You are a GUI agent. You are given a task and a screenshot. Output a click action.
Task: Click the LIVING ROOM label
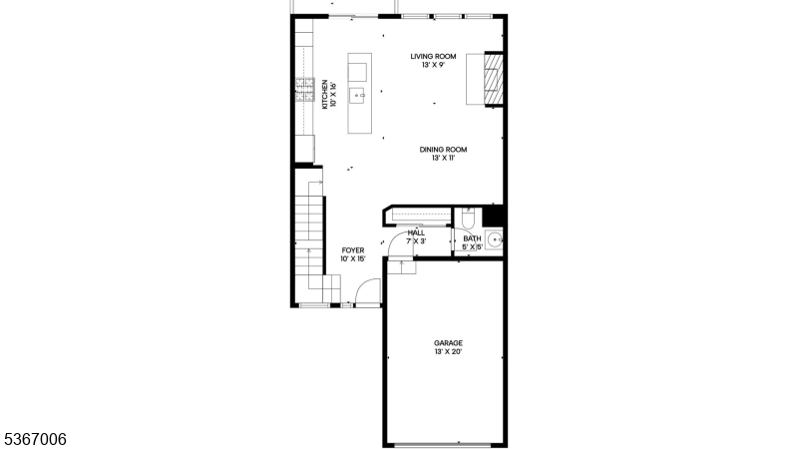click(433, 57)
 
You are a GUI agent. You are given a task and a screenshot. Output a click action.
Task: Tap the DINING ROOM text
click(443, 150)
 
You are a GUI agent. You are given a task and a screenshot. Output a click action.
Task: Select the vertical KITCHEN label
click(324, 95)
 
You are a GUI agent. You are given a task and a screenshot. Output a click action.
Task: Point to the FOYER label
click(353, 250)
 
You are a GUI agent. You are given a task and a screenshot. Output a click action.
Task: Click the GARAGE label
click(448, 343)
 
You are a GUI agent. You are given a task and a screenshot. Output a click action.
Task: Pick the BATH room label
click(472, 238)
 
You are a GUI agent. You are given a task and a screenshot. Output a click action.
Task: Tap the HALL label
click(416, 232)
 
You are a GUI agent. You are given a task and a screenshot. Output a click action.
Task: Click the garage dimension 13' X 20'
click(448, 352)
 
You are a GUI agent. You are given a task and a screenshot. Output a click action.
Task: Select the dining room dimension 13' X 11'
click(443, 159)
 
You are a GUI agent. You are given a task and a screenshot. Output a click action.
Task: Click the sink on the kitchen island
click(357, 96)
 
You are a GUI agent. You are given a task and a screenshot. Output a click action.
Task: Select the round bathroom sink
click(493, 239)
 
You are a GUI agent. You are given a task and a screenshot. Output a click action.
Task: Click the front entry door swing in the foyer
click(369, 291)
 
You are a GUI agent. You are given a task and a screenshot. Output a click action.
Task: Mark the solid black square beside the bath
click(493, 217)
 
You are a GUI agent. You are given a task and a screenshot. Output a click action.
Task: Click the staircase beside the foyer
click(311, 234)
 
